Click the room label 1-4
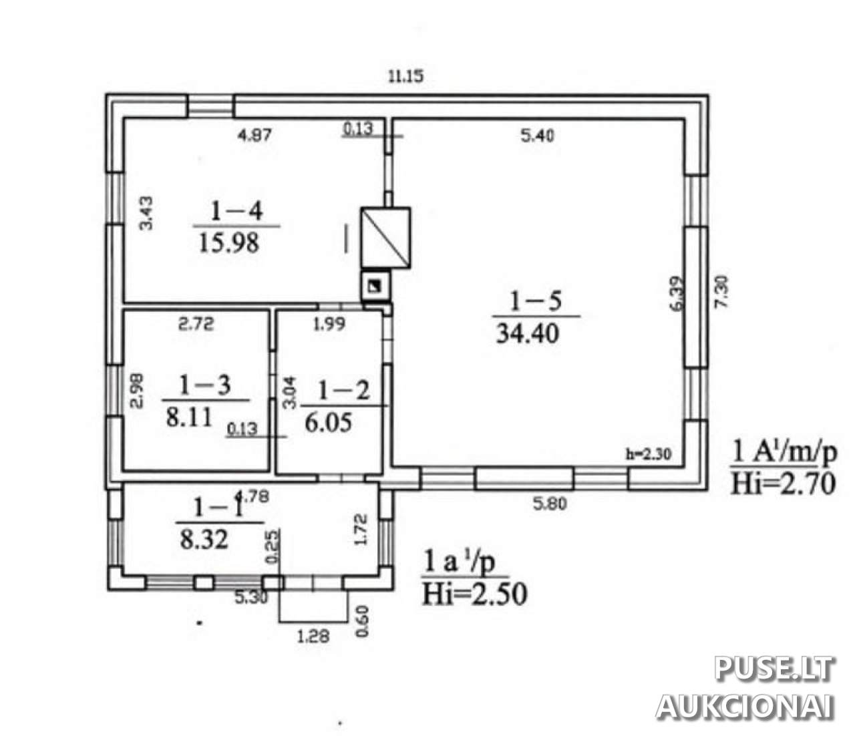click(236, 211)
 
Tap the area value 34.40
click(528, 333)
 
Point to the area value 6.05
click(329, 423)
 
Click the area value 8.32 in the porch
click(204, 539)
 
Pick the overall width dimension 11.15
click(405, 77)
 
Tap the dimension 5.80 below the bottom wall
click(549, 504)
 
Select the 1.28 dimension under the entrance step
click(313, 636)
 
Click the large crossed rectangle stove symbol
click(385, 237)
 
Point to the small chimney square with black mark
click(375, 286)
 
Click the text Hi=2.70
click(783, 484)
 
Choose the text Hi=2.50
click(474, 594)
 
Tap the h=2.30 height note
click(648, 454)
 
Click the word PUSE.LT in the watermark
click(774, 669)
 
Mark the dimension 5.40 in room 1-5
click(537, 136)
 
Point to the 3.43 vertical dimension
click(146, 213)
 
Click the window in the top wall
click(211, 106)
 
